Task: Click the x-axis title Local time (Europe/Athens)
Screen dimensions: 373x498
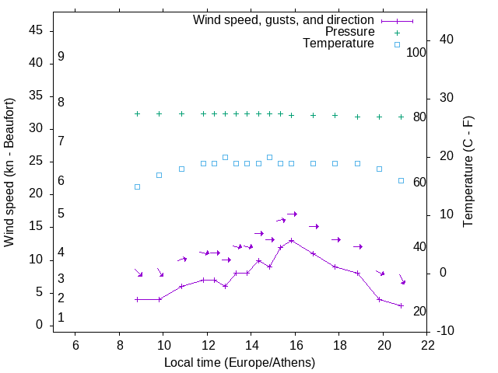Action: [240, 362]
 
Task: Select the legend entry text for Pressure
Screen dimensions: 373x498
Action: [349, 32]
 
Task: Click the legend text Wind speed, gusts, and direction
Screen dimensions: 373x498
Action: [284, 20]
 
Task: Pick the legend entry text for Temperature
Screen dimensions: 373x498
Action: [338, 44]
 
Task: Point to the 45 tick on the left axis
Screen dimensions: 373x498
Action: [36, 30]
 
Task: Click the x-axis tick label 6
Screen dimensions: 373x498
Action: [75, 344]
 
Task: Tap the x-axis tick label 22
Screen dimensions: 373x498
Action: [428, 344]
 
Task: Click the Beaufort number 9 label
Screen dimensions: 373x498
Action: [61, 57]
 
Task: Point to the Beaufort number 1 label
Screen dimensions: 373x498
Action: [61, 318]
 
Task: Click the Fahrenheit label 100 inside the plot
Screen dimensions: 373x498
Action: [417, 52]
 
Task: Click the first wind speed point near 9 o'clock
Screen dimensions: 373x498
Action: [137, 299]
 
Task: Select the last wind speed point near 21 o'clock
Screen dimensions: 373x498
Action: [401, 305]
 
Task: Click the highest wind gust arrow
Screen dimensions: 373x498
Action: [292, 214]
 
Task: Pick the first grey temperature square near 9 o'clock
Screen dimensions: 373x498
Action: [137, 186]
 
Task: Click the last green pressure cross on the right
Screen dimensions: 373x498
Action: [401, 117]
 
